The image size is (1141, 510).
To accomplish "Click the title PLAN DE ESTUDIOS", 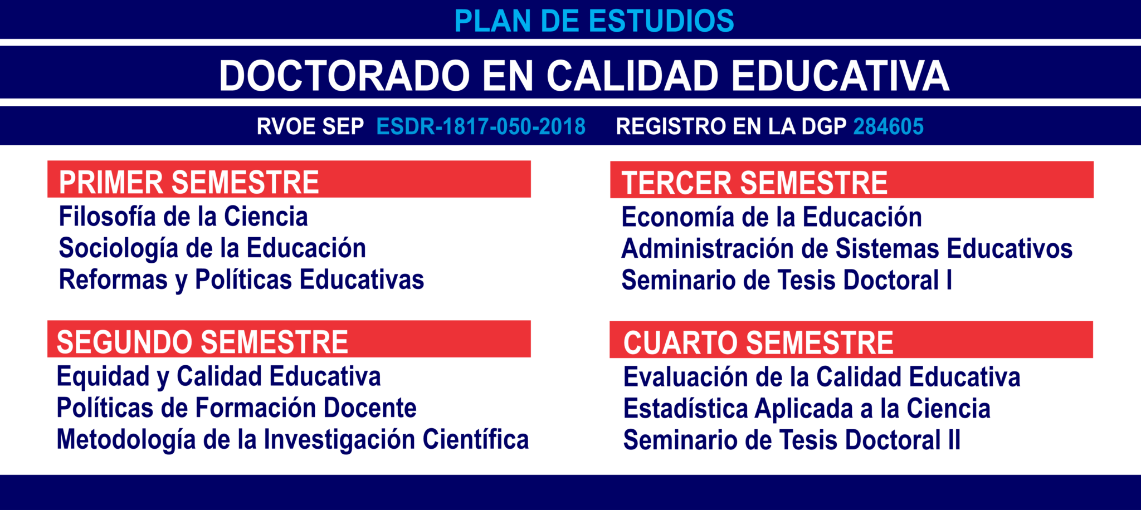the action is [x=594, y=21].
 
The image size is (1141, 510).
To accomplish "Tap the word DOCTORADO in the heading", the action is [x=345, y=76].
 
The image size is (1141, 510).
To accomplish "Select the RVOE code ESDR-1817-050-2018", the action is [x=481, y=126].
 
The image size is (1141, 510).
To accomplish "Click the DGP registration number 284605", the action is [x=888, y=126].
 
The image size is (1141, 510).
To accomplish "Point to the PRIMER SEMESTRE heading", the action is [x=189, y=182].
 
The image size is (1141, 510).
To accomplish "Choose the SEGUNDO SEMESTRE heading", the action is [x=202, y=342].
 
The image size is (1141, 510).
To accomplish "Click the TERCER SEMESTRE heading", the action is [x=754, y=183].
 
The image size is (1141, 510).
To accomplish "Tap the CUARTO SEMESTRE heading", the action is [x=758, y=342].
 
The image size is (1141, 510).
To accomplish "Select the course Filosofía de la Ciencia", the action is [x=183, y=217].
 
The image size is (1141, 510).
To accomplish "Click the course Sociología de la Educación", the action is [x=212, y=249].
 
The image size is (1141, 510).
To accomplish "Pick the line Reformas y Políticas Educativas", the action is [x=241, y=280].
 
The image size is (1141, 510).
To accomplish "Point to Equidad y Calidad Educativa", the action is [x=218, y=377].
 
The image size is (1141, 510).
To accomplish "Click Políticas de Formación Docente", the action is [x=236, y=408].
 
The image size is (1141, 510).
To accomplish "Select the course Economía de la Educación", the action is [x=772, y=217].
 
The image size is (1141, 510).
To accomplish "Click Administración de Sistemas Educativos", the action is [x=847, y=249].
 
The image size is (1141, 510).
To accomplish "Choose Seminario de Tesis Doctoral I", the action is [x=787, y=280].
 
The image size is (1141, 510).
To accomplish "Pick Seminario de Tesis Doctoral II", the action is [x=792, y=440].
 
